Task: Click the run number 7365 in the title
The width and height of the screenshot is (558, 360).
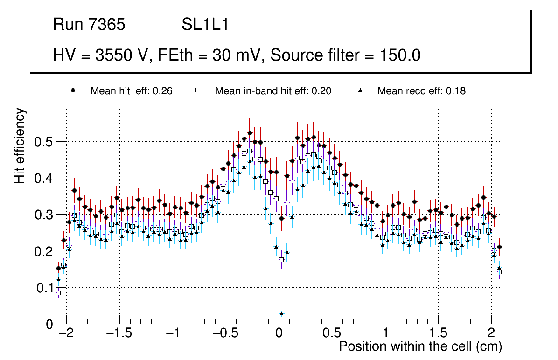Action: (108, 25)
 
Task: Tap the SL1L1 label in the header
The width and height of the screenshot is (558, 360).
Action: (205, 25)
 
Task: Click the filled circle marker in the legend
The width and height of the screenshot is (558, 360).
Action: (73, 91)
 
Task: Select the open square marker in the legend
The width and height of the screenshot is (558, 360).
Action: (197, 91)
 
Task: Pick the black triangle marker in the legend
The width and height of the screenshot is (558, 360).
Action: (360, 91)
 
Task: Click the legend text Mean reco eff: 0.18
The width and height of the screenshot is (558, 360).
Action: (421, 91)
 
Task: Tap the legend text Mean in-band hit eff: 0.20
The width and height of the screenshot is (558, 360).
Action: (273, 91)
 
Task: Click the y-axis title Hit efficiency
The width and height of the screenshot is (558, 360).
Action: (20, 145)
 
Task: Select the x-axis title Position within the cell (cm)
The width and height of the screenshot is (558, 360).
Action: (420, 346)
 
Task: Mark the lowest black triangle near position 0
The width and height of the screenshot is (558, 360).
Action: (281, 313)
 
